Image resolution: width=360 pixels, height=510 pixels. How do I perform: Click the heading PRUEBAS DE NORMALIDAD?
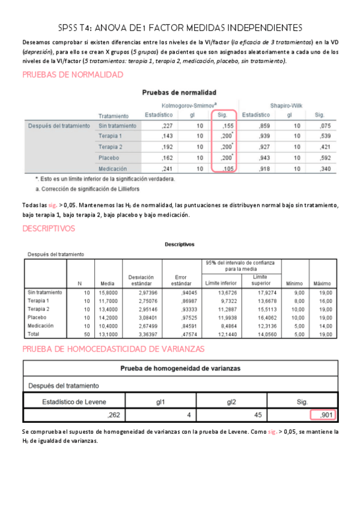pyautogui.click(x=73, y=75)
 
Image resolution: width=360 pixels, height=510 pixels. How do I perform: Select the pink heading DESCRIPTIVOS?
pyautogui.click(x=48, y=229)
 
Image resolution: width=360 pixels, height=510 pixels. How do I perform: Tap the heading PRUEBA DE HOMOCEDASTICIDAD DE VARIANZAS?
pyautogui.click(x=114, y=349)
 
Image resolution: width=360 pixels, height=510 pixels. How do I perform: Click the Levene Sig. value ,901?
pyautogui.click(x=325, y=414)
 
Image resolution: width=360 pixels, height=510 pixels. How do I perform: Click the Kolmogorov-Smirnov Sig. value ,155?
pyautogui.click(x=225, y=126)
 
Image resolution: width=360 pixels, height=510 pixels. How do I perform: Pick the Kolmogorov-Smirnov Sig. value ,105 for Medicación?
pyautogui.click(x=225, y=169)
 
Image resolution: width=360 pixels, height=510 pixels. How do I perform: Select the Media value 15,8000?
pyautogui.click(x=107, y=292)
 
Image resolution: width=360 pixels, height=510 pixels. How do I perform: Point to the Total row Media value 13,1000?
pyautogui.click(x=107, y=333)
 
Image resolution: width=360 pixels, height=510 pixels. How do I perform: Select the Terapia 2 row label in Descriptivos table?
pyautogui.click(x=38, y=309)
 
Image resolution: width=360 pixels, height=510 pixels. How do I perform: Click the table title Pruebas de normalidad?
pyautogui.click(x=178, y=93)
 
